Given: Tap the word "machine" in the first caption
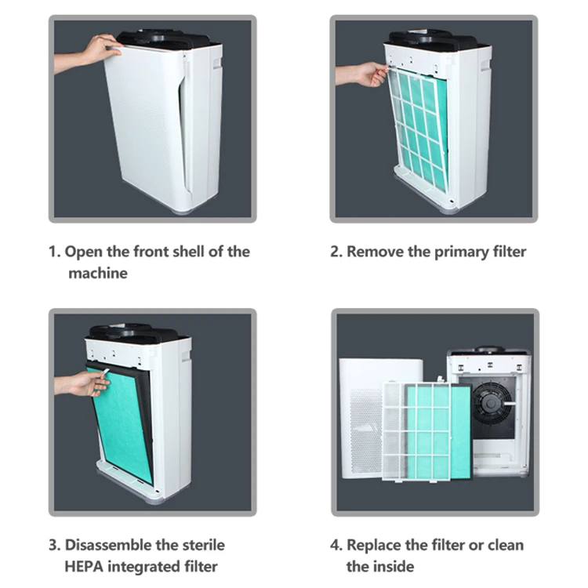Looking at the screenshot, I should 97,274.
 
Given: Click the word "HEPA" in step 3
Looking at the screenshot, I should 87,567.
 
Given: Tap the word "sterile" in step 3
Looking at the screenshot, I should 202,545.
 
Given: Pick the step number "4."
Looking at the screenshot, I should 336,545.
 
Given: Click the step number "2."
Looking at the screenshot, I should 336,252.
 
